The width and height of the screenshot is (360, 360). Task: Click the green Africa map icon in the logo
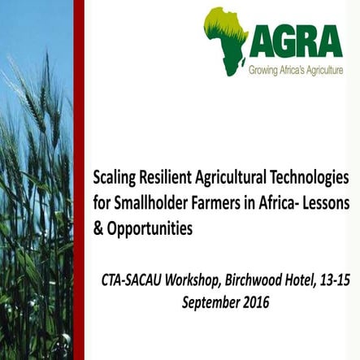tap(225, 41)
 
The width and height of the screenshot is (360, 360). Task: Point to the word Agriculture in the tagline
tap(323, 71)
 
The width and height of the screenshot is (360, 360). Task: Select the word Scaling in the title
tap(116, 176)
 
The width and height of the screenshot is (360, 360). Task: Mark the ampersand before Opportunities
tap(99, 228)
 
